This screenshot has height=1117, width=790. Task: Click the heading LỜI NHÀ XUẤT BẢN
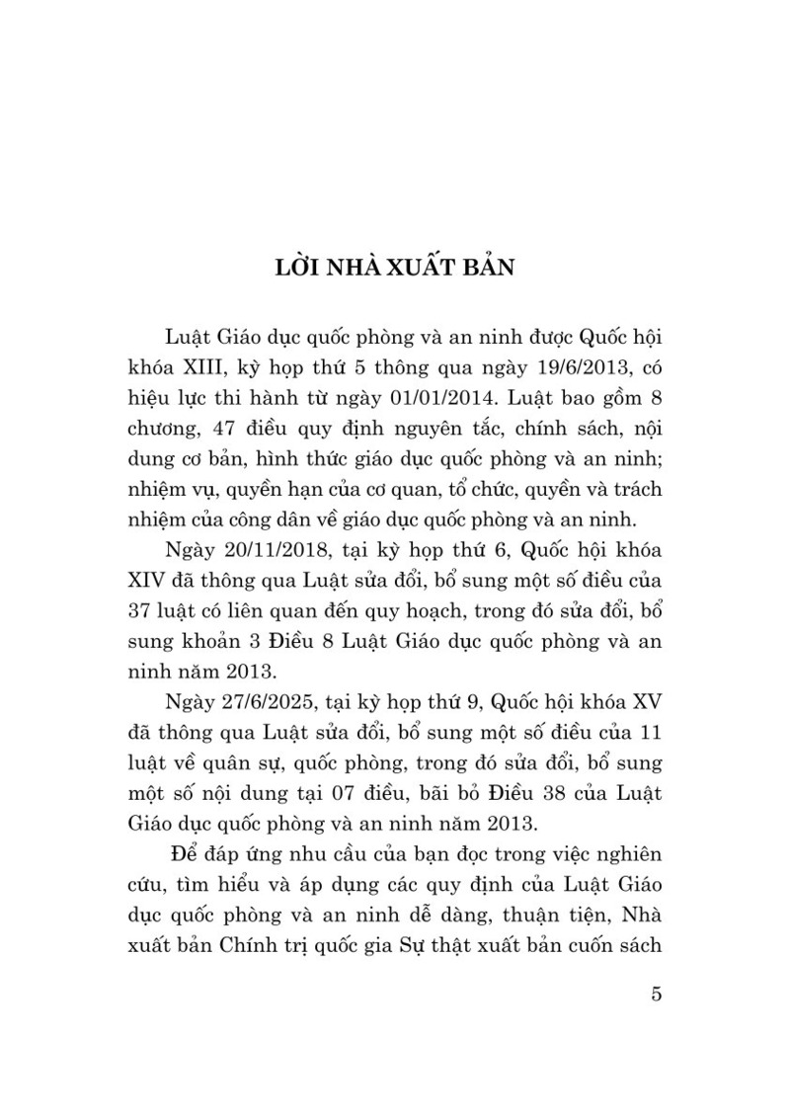pyautogui.click(x=395, y=270)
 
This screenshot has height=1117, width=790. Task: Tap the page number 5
pyautogui.click(x=656, y=993)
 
